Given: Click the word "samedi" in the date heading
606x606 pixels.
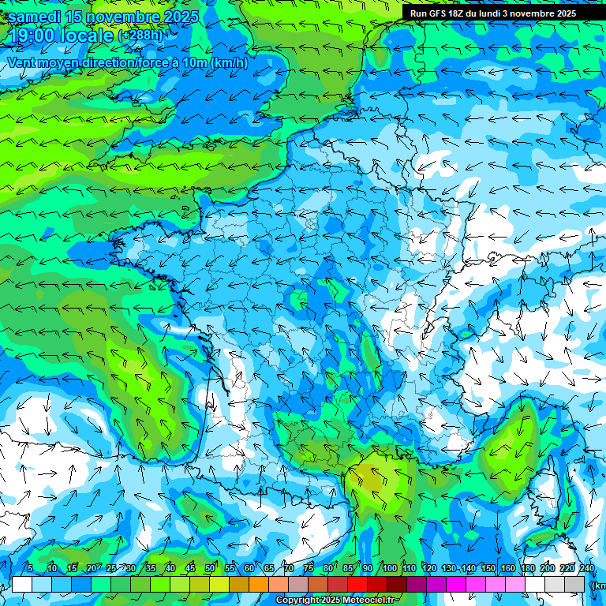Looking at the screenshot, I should [x=36, y=17].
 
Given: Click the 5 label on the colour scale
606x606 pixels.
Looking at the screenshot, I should [x=29, y=569].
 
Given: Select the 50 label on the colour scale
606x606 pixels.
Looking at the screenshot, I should [x=210, y=569].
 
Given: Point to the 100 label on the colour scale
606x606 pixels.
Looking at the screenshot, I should [x=389, y=569].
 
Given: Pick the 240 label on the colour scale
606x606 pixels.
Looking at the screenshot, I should [x=586, y=569].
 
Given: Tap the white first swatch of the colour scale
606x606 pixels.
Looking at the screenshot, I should [x=22, y=584].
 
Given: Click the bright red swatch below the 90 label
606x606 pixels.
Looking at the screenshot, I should [x=357, y=584].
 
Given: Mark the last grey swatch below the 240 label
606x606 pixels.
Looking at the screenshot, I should [x=574, y=584].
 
